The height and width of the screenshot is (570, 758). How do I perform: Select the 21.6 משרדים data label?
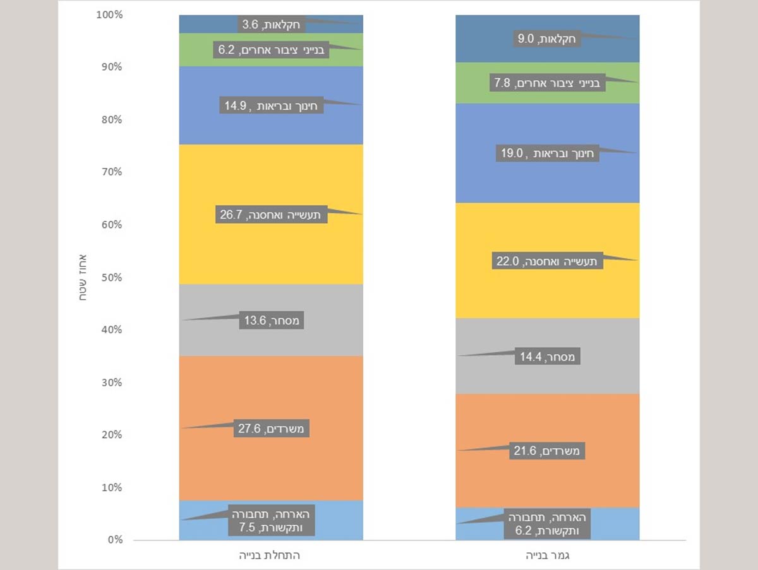(x=548, y=451)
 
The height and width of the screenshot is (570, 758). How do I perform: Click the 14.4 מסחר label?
(x=548, y=357)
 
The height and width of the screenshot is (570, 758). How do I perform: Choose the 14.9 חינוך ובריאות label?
(x=272, y=105)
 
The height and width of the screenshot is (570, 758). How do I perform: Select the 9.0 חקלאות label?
(x=548, y=39)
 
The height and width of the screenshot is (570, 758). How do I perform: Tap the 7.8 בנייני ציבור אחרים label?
(x=548, y=83)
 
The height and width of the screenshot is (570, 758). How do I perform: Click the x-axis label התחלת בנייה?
(x=271, y=556)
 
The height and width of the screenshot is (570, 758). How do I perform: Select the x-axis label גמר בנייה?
(x=548, y=556)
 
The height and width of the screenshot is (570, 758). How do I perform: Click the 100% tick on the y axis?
(x=109, y=15)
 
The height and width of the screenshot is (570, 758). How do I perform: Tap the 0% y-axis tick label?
(x=114, y=540)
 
